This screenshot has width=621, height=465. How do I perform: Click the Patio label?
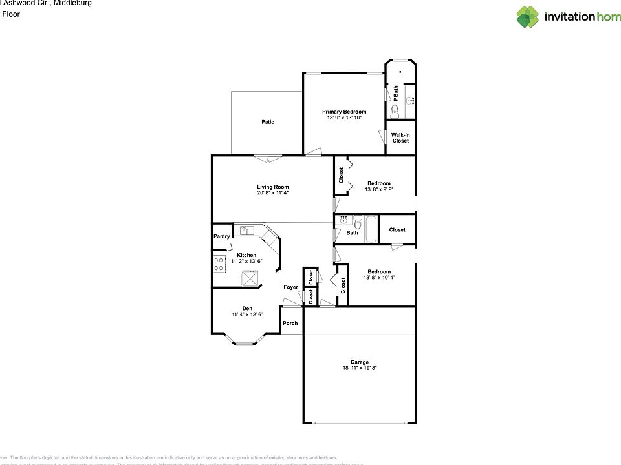point(268,122)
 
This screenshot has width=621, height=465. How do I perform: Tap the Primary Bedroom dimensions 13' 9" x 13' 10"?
point(344,118)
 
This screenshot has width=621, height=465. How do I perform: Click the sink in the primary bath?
point(410,100)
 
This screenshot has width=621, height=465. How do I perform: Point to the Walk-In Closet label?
point(400,138)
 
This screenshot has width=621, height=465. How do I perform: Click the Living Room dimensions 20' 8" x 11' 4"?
point(272,192)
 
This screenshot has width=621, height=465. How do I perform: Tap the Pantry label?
point(221,236)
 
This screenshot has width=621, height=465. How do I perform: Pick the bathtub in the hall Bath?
point(371,229)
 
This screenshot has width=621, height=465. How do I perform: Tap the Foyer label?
point(290,287)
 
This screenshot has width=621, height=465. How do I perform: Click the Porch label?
point(290,323)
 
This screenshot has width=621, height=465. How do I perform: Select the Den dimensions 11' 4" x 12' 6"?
point(247,315)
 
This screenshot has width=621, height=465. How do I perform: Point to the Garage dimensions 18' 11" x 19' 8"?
point(360,368)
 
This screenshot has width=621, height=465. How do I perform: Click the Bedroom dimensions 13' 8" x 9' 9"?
point(379,189)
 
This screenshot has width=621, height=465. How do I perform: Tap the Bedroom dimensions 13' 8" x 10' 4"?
point(379,277)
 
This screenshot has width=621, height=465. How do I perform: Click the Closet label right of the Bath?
point(397,229)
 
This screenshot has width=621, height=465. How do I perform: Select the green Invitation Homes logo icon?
point(527,17)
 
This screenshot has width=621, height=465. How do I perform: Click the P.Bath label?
point(395,93)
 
